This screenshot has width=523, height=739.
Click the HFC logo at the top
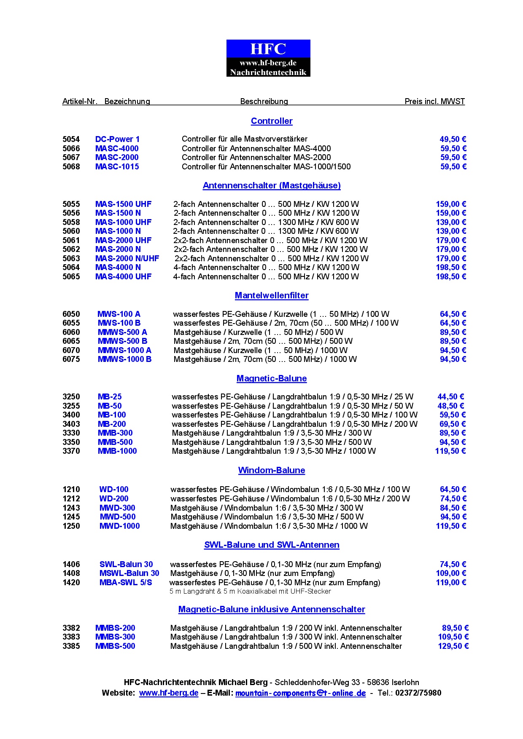pos(268,58)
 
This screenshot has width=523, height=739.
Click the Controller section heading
pos(272,121)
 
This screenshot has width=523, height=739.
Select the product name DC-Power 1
pos(117,139)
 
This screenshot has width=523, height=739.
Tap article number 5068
pos(71,166)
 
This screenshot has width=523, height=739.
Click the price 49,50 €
pos(453,139)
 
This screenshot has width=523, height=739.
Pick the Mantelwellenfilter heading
pos(272,295)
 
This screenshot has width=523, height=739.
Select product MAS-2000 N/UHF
pos(127,258)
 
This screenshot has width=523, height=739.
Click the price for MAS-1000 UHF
pos(451,222)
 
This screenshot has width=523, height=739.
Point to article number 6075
pos(71,359)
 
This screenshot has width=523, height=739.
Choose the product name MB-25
pos(110,396)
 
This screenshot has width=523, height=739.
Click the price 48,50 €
pos(450,406)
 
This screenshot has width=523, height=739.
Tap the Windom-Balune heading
pos(272,470)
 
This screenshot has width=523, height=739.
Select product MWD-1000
pos(119,526)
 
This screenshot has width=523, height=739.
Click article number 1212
pos(71,498)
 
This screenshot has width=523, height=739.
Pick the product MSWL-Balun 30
pos(129,573)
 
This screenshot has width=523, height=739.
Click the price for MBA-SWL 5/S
pos(451,582)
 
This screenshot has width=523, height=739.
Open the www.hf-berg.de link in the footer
pos(169,693)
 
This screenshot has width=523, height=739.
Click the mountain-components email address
pos(300,693)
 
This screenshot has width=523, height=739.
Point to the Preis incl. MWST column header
pos(434,101)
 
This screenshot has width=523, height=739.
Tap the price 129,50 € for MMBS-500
pos(453,646)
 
